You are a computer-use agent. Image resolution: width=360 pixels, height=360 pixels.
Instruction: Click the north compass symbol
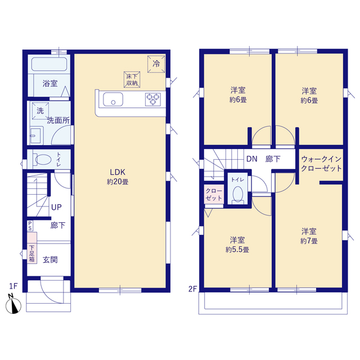[x=13, y=304]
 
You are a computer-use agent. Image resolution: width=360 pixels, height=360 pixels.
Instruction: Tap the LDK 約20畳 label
[x=118, y=177]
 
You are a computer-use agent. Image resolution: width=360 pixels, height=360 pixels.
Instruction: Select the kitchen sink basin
[x=113, y=99]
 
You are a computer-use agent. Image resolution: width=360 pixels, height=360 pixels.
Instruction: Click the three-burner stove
[x=153, y=99]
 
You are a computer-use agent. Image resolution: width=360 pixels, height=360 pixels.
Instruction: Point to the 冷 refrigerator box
[x=156, y=64]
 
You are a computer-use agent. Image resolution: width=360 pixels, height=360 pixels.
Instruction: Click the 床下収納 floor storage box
[x=132, y=79]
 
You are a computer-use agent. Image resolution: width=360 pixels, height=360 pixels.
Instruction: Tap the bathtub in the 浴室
[x=49, y=64]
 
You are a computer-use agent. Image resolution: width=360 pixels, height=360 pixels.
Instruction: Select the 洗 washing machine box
[x=40, y=111]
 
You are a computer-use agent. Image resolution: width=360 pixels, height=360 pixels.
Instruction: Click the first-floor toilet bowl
[x=43, y=159]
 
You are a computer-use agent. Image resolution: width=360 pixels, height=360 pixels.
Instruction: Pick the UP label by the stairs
[x=56, y=208]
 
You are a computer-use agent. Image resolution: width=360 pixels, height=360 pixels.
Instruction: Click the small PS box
[x=30, y=226]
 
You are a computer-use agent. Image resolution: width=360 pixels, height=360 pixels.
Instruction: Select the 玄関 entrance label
[x=50, y=260]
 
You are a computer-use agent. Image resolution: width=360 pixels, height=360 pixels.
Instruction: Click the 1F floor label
[x=13, y=286]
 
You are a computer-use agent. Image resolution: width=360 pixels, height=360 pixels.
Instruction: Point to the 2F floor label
[x=193, y=289]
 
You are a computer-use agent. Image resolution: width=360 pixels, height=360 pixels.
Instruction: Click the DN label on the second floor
[x=251, y=159]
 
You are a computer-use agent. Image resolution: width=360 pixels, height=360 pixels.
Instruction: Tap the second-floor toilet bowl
[x=238, y=194]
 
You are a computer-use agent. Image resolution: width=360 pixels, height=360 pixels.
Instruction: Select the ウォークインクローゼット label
[x=321, y=164]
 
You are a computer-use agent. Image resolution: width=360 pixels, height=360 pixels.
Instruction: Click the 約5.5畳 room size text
[x=237, y=250]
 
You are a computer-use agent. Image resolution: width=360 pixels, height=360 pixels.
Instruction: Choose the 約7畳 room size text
[x=309, y=241]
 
